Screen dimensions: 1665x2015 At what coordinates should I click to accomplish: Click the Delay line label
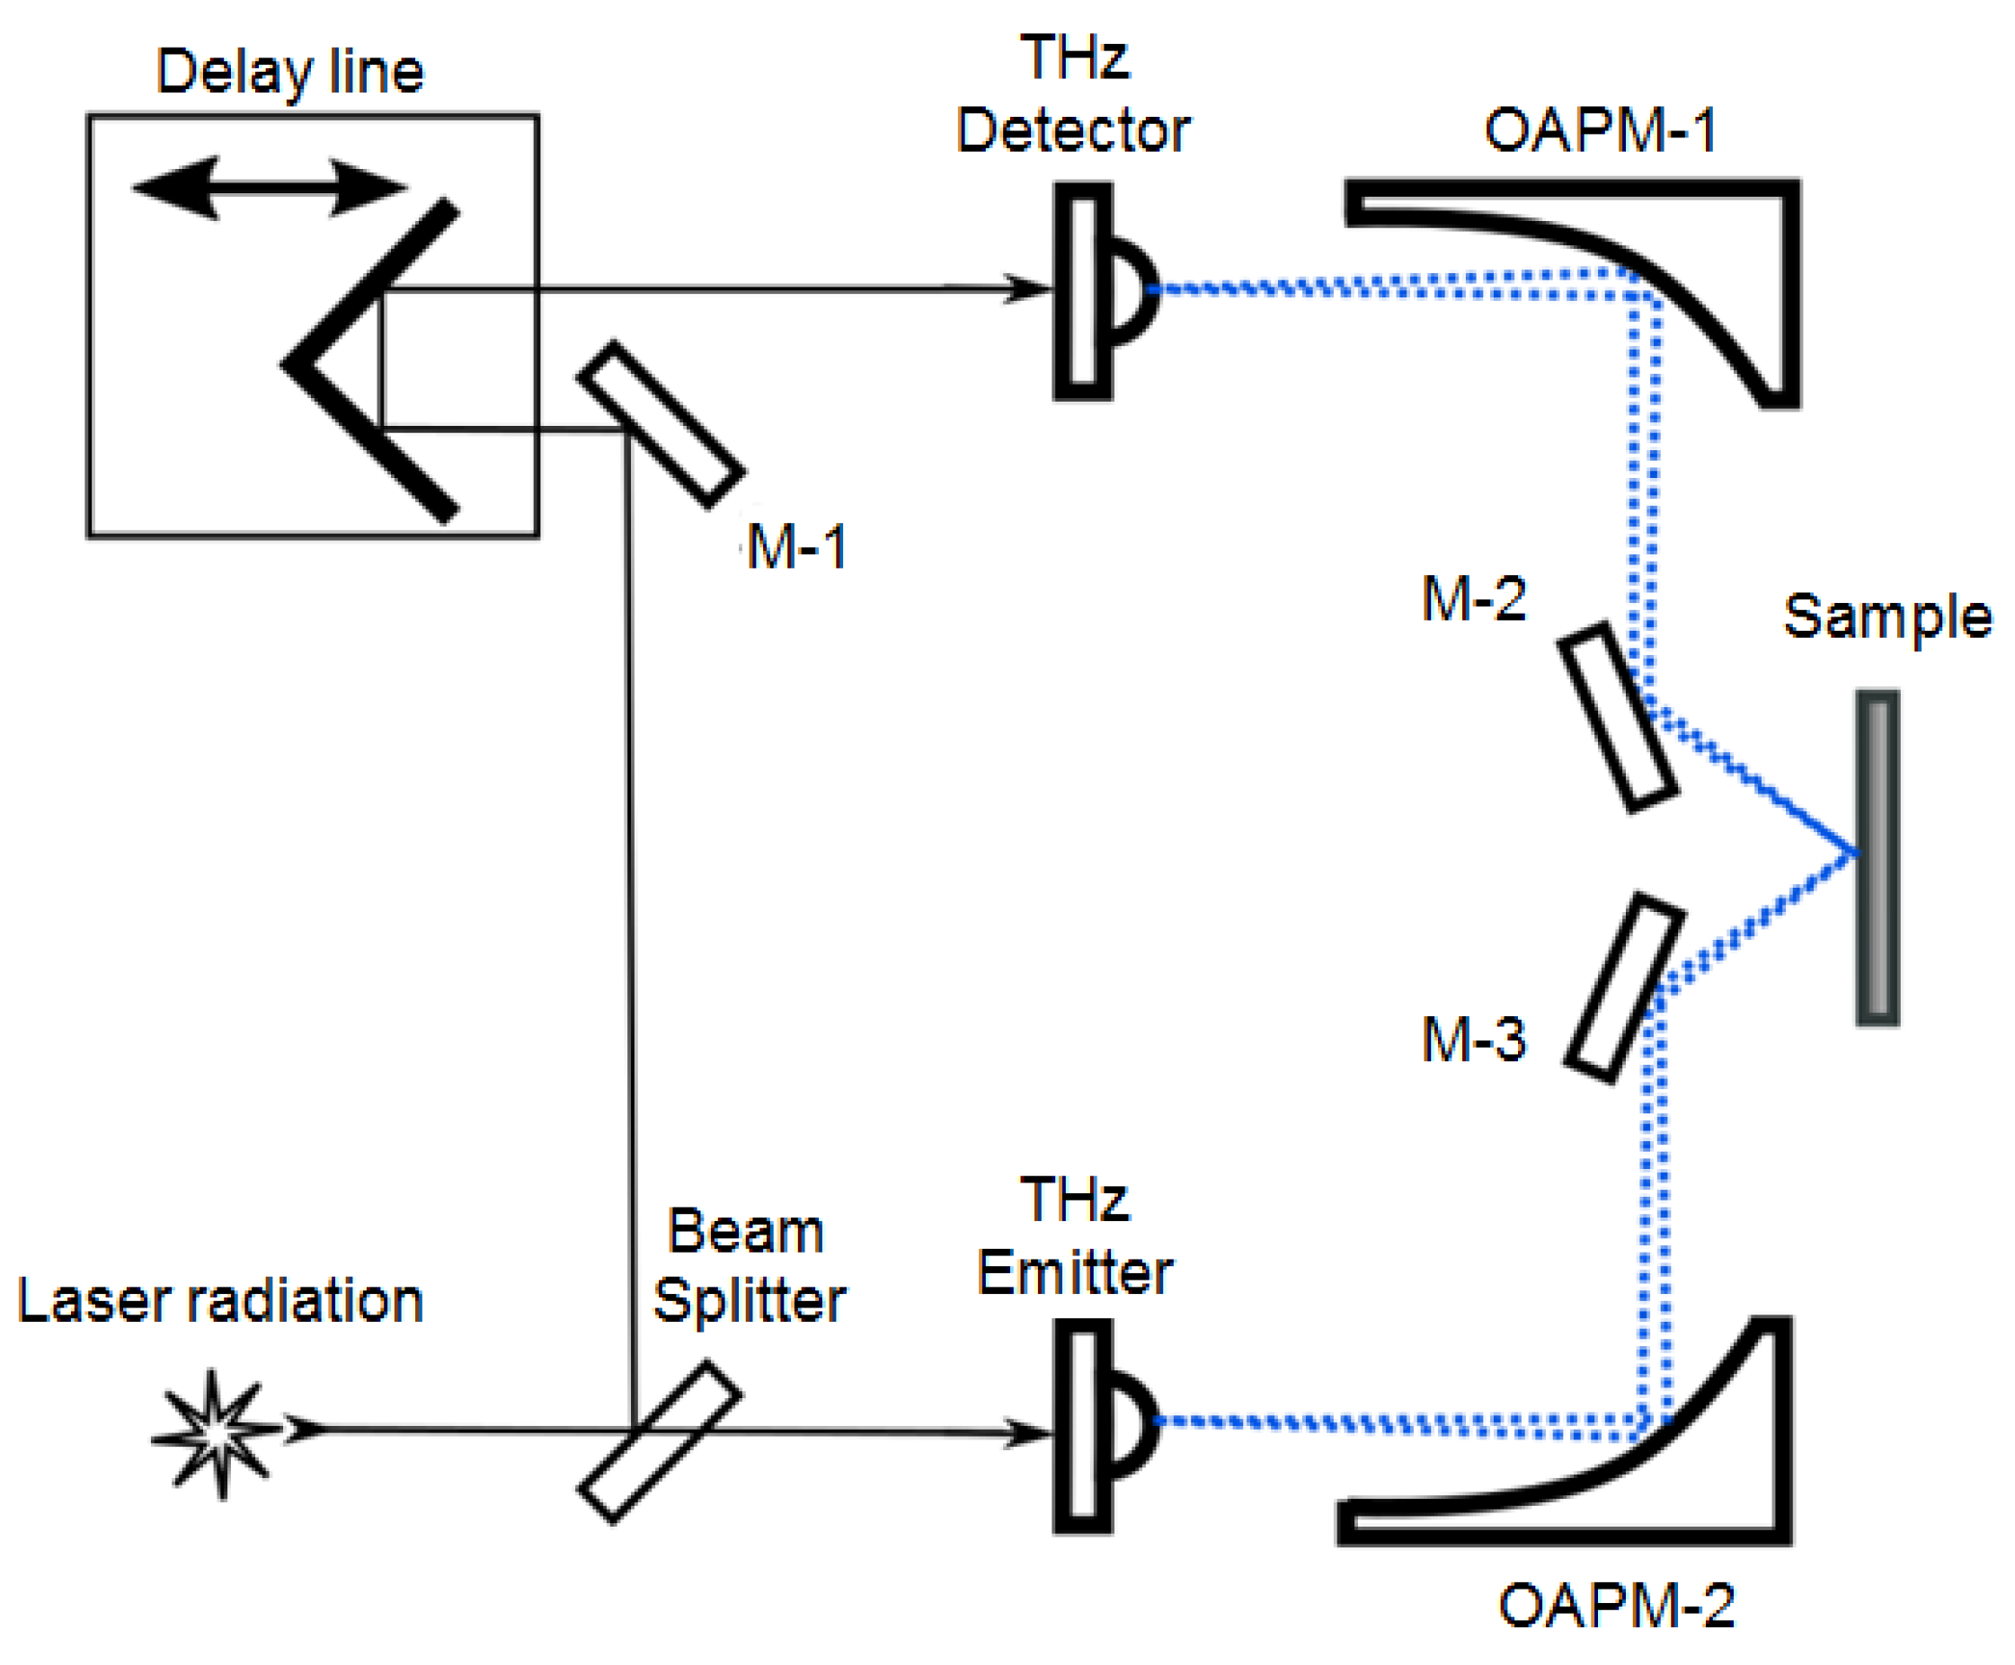[288, 72]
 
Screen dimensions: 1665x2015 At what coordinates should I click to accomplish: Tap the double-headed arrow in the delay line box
[269, 188]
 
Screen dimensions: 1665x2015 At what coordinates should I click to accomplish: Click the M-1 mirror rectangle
[660, 425]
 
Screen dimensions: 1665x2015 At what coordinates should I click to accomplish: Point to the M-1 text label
[795, 547]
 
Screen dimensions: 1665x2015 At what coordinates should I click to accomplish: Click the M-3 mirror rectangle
[1623, 987]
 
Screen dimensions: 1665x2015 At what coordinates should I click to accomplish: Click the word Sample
[1886, 616]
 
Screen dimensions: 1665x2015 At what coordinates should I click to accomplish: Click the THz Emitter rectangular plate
[1081, 1427]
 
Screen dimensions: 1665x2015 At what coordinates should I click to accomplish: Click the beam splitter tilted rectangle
[659, 1441]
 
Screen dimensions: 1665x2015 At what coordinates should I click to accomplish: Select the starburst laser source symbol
[217, 1433]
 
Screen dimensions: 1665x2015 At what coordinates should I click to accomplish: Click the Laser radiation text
[219, 1301]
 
